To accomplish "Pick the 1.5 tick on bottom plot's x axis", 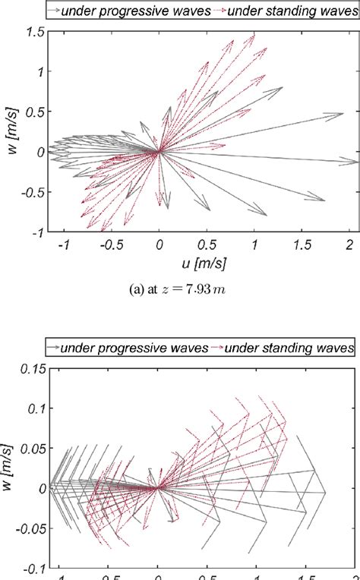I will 305,575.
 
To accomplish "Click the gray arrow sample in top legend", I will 55,9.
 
